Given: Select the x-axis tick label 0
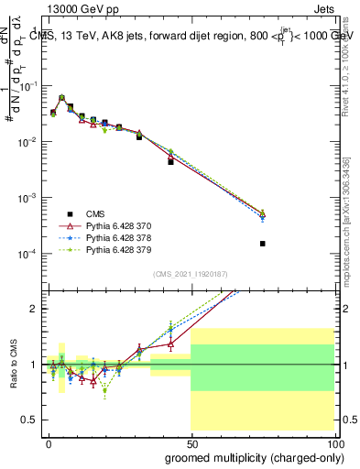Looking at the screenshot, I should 49,442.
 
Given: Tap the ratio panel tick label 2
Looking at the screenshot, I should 35,309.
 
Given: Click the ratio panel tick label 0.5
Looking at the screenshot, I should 30,420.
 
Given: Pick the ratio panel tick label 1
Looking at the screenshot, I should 35,365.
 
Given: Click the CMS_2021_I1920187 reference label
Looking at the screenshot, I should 190,274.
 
